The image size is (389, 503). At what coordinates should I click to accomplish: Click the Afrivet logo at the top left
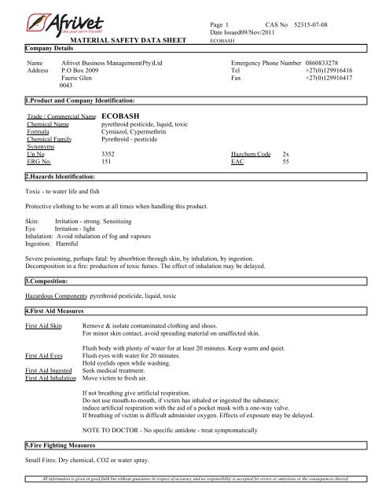(x=60, y=17)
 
